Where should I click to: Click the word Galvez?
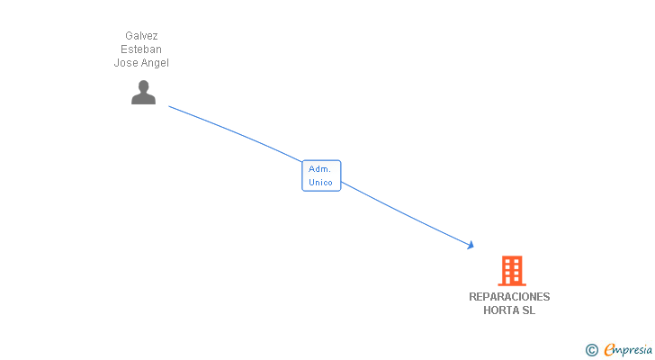[141, 36]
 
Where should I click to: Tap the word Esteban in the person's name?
[141, 49]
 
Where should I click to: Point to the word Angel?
[155, 63]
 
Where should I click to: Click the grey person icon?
[143, 93]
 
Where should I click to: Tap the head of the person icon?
[143, 86]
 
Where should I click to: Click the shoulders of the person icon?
[143, 99]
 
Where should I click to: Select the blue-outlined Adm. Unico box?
[321, 175]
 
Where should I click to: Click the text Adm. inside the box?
[319, 169]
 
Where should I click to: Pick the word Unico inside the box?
[320, 183]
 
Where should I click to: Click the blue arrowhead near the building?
[471, 245]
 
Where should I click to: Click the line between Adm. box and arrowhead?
[405, 214]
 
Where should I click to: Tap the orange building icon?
[512, 271]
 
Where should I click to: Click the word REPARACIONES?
[509, 297]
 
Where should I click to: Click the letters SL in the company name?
[528, 310]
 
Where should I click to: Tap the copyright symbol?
[591, 350]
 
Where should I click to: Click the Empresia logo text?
[628, 350]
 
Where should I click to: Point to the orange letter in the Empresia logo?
[609, 349]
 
